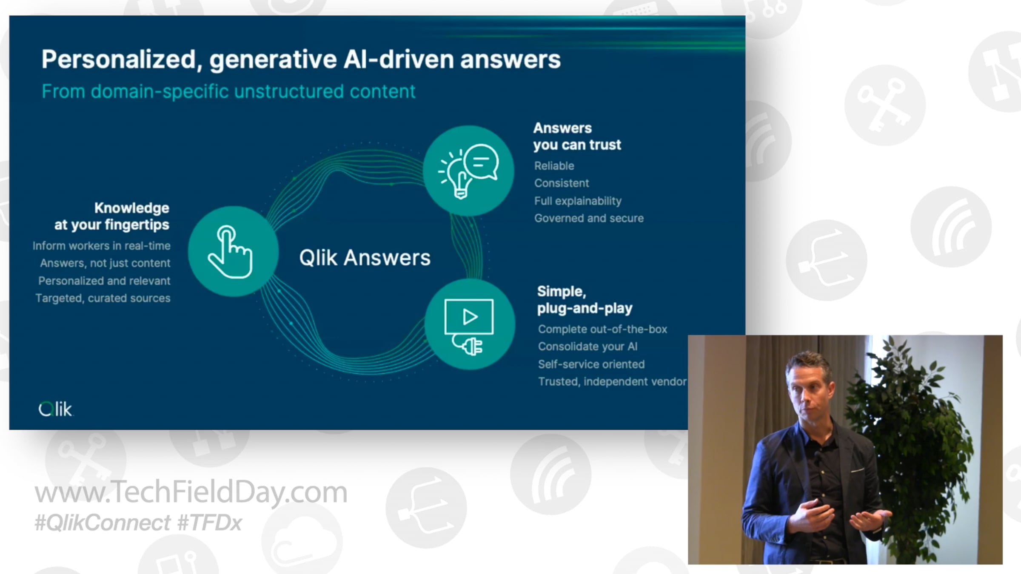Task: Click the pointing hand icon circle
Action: click(x=233, y=251)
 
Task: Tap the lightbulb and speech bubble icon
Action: click(x=468, y=170)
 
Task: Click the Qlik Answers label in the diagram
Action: click(x=365, y=258)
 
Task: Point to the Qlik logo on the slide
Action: click(x=55, y=409)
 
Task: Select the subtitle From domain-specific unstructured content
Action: click(x=228, y=91)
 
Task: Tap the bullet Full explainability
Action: click(x=578, y=201)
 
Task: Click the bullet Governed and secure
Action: click(x=589, y=218)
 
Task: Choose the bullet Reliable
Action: click(x=554, y=166)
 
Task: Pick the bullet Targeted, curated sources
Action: click(x=103, y=298)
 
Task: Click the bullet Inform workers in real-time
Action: click(x=102, y=246)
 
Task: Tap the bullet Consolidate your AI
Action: click(x=588, y=347)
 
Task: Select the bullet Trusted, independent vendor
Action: click(x=612, y=382)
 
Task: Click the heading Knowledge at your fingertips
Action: click(x=112, y=216)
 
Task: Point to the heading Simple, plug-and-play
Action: click(x=585, y=300)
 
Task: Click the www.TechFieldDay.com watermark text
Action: click(x=191, y=492)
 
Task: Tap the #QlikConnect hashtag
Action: click(x=103, y=523)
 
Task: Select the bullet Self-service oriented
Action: click(x=591, y=364)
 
